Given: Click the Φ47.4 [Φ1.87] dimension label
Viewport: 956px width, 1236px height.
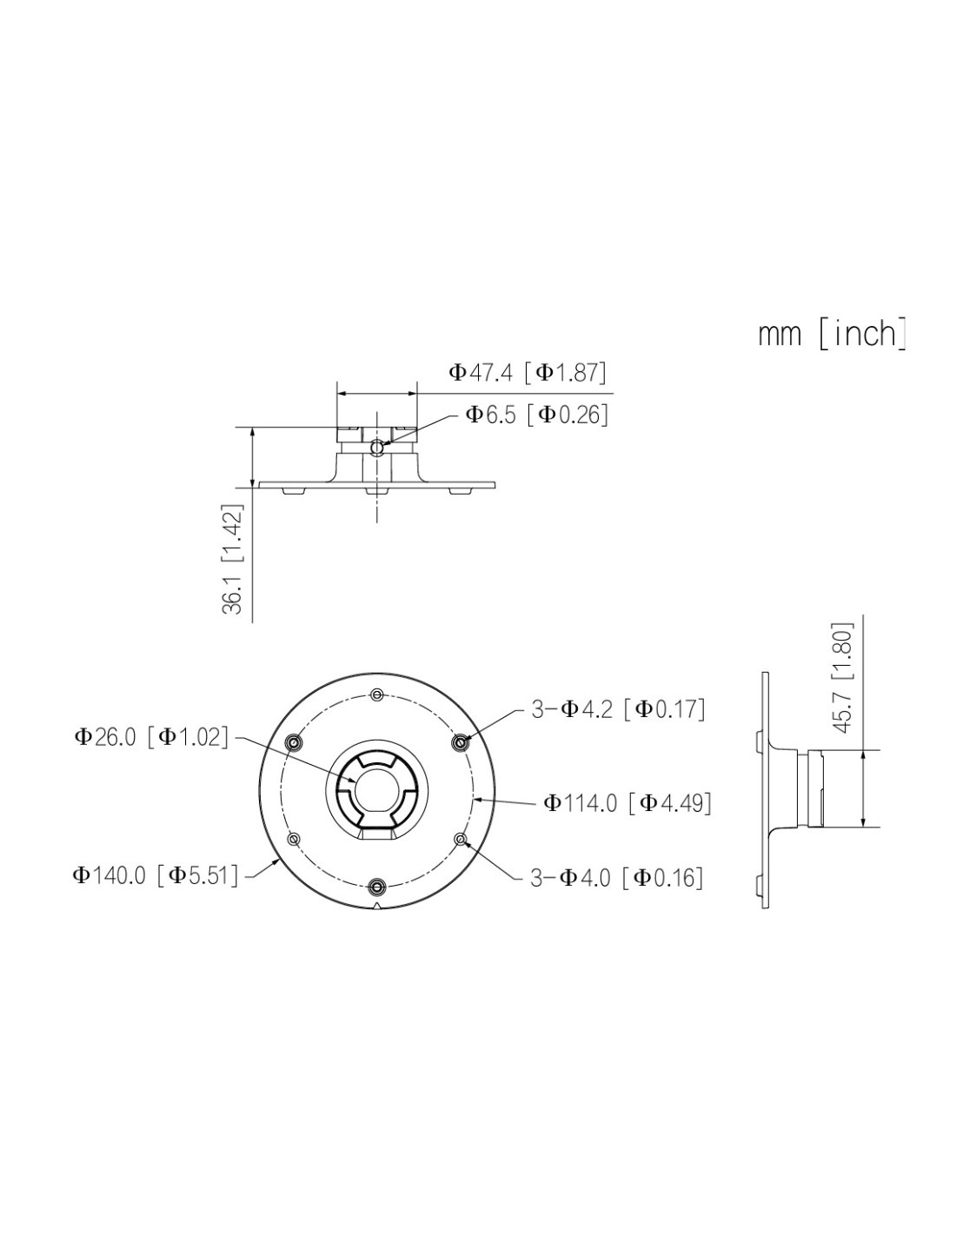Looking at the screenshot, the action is click(x=528, y=373).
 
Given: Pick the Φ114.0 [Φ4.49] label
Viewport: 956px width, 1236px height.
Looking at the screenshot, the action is click(x=627, y=803).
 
